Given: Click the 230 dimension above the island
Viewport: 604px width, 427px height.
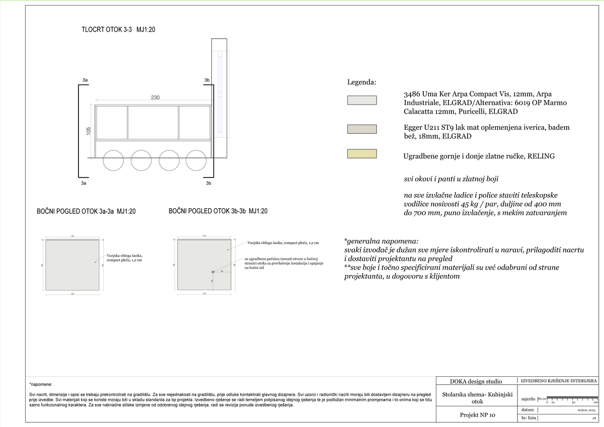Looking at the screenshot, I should [x=155, y=98].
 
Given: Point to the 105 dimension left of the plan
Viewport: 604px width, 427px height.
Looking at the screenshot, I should [x=89, y=131].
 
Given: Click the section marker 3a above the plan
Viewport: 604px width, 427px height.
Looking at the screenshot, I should [x=85, y=80].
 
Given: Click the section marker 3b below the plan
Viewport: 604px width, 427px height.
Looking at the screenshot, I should [x=208, y=184].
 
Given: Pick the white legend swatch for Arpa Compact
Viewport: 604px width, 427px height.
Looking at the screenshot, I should [x=362, y=100].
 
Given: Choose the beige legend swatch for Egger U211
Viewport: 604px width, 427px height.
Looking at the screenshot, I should [x=362, y=129].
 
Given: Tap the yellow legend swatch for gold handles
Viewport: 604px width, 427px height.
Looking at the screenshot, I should [x=362, y=154].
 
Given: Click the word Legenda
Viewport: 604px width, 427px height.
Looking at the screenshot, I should [x=362, y=82].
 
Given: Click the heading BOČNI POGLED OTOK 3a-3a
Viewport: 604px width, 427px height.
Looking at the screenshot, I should [x=86, y=212].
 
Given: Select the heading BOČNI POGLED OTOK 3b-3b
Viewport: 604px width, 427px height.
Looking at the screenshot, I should [x=218, y=211].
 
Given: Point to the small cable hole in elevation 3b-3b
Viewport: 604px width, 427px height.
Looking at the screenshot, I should [x=213, y=272].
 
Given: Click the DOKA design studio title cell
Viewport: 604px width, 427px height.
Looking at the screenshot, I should [x=476, y=381].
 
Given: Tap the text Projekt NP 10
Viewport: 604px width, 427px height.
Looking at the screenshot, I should [x=478, y=415].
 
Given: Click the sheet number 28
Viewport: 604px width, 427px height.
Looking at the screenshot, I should [x=594, y=418].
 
